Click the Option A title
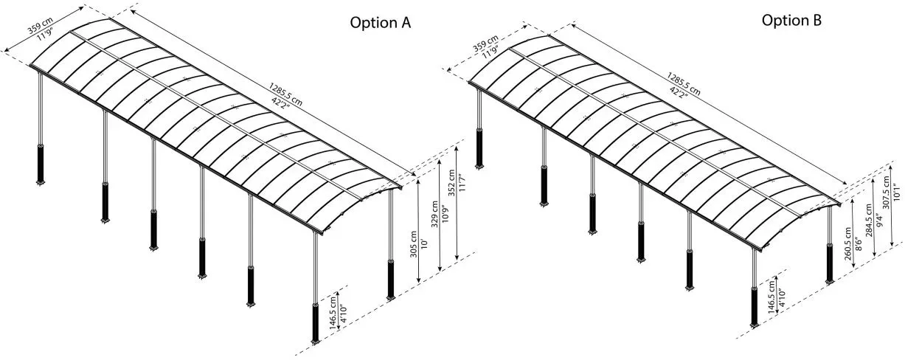point(380,23)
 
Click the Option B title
point(791,20)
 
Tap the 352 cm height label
point(451,182)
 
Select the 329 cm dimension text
point(434,214)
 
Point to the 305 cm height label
point(413,244)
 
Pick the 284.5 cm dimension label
point(869,220)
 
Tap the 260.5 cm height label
point(847,244)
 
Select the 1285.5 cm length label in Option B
point(684,84)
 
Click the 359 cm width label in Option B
point(485,44)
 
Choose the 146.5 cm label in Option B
point(771,297)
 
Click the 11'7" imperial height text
point(462,182)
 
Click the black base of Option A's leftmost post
point(41,163)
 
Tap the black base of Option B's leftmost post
point(479,148)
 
